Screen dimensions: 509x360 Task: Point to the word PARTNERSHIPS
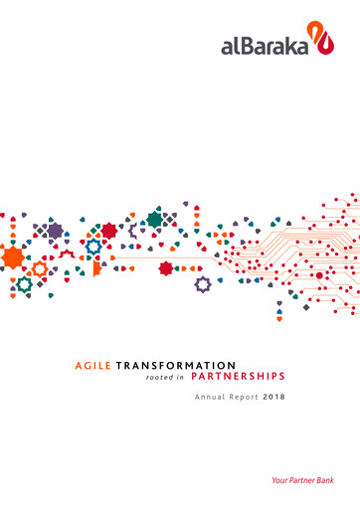(238, 377)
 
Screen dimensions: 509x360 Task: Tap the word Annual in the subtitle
(208, 398)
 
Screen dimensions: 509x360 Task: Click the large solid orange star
(13, 257)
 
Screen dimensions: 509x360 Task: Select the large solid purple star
(56, 231)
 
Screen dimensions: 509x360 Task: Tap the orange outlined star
(40, 268)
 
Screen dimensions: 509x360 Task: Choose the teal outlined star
(23, 285)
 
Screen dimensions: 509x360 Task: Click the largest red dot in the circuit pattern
(319, 275)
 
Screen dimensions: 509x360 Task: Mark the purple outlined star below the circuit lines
(203, 284)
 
